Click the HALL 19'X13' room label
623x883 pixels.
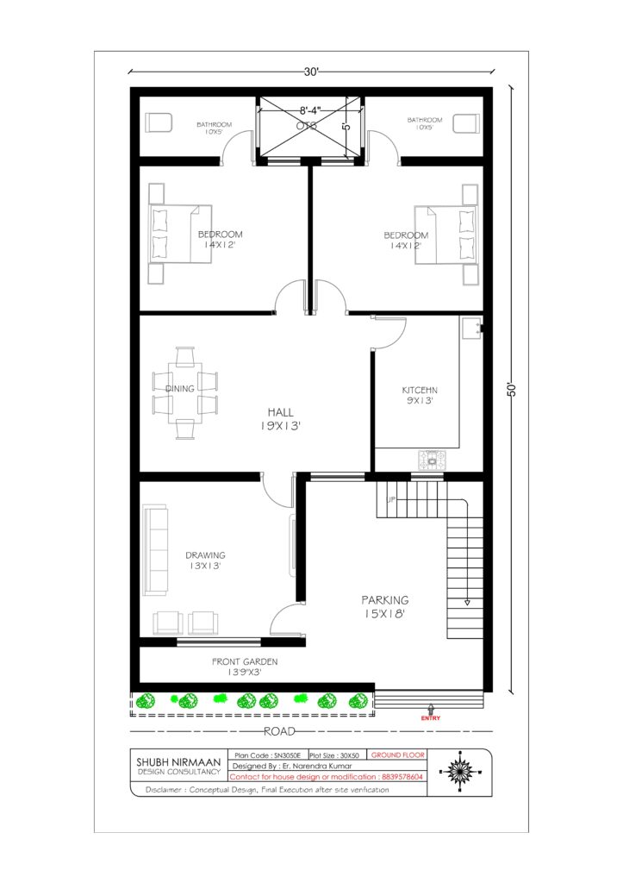click(x=280, y=419)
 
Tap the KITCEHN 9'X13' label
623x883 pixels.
click(x=420, y=395)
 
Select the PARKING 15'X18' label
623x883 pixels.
click(x=385, y=606)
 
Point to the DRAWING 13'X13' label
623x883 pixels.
click(x=205, y=560)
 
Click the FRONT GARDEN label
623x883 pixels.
click(x=245, y=661)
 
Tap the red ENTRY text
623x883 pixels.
click(x=431, y=718)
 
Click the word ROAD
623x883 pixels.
click(x=280, y=731)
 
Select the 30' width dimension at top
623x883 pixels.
click(x=312, y=72)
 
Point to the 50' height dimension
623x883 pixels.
click(x=512, y=391)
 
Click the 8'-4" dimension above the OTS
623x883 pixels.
click(x=310, y=111)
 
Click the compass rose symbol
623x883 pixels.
click(x=460, y=771)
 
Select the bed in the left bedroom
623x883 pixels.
click(x=180, y=234)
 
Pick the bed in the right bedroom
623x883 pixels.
click(x=445, y=235)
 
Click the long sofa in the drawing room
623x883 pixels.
click(x=155, y=551)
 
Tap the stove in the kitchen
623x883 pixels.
click(x=432, y=460)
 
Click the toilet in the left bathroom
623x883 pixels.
click(x=159, y=122)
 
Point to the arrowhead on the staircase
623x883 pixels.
click(x=466, y=603)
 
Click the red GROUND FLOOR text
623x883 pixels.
click(x=398, y=755)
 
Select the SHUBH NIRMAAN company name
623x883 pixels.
click(x=178, y=762)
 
